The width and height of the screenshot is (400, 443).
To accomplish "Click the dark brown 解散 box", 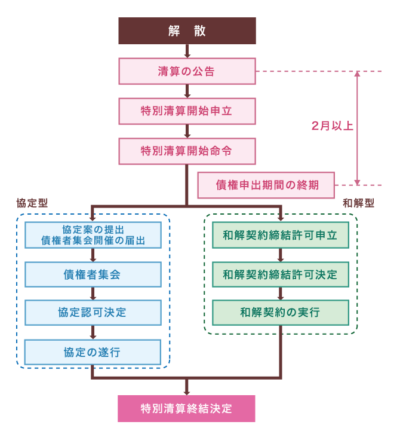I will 187,31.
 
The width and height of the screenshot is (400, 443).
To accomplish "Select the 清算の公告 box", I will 187,71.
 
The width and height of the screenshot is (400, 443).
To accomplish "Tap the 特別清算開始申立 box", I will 187,111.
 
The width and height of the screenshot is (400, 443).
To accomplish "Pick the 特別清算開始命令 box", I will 187,151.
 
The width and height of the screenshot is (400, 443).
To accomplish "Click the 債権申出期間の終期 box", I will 266,185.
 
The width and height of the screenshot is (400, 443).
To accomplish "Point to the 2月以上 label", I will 333,127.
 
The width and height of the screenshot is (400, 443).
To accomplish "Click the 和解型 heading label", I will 359,203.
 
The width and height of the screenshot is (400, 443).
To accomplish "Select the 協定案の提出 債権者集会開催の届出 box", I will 93,235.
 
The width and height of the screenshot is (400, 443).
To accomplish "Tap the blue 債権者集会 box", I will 93,274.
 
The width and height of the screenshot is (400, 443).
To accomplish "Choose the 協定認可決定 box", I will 93,313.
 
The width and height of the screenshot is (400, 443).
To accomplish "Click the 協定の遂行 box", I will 93,352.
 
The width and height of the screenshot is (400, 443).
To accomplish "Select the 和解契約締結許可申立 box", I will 280,235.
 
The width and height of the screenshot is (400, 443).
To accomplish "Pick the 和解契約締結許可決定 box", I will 280,274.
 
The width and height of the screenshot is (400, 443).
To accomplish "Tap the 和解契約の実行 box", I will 280,312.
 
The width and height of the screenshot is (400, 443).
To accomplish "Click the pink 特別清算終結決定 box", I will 187,409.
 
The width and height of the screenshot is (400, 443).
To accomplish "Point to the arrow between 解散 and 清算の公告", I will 187,51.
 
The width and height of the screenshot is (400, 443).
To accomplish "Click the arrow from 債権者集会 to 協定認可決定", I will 93,294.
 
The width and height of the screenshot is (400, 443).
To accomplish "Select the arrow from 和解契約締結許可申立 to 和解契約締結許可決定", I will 280,255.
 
